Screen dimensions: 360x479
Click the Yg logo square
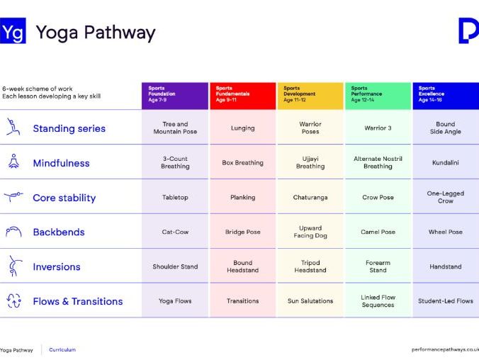pyautogui.click(x=13, y=32)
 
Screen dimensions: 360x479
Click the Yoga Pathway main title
pyautogui.click(x=95, y=33)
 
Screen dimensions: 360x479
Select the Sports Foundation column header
pyautogui.click(x=175, y=94)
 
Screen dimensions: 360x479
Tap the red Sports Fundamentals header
pyautogui.click(x=242, y=94)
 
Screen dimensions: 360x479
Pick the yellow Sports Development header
pyautogui.click(x=310, y=94)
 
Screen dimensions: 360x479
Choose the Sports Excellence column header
pyautogui.click(x=446, y=94)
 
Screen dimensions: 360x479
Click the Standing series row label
pyautogui.click(x=69, y=129)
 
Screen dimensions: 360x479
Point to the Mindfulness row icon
pyautogui.click(x=13, y=162)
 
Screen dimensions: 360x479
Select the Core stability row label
pyautogui.click(x=64, y=198)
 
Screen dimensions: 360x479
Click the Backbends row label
pyautogui.click(x=58, y=232)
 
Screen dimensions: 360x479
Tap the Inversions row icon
pyautogui.click(x=13, y=266)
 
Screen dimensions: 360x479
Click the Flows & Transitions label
pyautogui.click(x=77, y=301)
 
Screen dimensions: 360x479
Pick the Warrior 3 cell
pyautogui.click(x=378, y=128)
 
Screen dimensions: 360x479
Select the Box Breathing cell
pyautogui.click(x=242, y=163)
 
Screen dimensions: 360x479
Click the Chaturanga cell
pyautogui.click(x=310, y=198)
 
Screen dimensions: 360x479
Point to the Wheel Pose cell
pyautogui.click(x=445, y=232)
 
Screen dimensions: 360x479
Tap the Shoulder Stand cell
pyautogui.click(x=175, y=267)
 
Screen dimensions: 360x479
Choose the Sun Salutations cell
pyautogui.click(x=310, y=301)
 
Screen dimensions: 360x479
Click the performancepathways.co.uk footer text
pyautogui.click(x=445, y=349)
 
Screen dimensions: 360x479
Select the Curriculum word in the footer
pyautogui.click(x=62, y=349)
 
